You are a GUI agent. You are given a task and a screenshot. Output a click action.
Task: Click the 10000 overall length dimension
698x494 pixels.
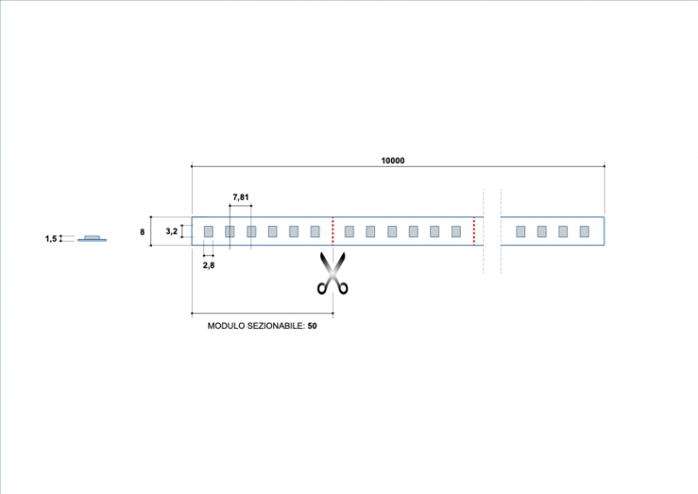coord(393,161)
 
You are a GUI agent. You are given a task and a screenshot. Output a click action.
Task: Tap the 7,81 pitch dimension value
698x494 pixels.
coord(241,197)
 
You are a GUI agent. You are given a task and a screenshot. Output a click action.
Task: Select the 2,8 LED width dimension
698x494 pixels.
coord(209,264)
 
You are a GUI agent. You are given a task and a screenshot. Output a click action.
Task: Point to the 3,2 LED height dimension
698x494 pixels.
coord(173,231)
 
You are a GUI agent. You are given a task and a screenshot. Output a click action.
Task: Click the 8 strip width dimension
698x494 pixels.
coord(142,232)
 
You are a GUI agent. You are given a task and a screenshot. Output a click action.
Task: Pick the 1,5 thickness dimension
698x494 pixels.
coord(51,238)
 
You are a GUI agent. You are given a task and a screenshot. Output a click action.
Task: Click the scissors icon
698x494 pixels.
coord(332,273)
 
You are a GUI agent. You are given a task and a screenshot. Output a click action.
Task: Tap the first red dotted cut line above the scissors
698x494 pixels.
coord(332,231)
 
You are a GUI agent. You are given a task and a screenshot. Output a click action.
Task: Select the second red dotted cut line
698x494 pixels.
coord(474,231)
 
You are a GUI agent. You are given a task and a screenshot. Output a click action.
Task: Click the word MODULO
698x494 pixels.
coord(226,326)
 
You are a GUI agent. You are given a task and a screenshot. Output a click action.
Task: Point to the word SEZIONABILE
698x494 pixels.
coord(274,326)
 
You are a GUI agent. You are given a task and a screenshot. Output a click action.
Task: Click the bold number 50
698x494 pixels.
coord(312,326)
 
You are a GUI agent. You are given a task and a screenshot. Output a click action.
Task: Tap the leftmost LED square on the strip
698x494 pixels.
coord(209,231)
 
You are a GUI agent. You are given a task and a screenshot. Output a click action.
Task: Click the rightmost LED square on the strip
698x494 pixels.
coord(585,231)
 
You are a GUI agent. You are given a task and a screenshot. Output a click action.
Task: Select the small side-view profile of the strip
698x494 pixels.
coord(92,238)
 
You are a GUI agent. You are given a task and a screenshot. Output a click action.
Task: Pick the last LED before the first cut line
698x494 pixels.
coord(315,231)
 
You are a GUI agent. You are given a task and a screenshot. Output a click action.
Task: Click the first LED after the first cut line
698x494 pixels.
coord(349,231)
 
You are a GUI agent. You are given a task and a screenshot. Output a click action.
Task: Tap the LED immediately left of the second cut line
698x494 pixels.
coord(455,231)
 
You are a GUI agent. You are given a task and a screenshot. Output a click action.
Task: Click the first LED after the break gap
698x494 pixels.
coord(521,231)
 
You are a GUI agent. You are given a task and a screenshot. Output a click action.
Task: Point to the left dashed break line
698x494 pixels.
coord(483,231)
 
